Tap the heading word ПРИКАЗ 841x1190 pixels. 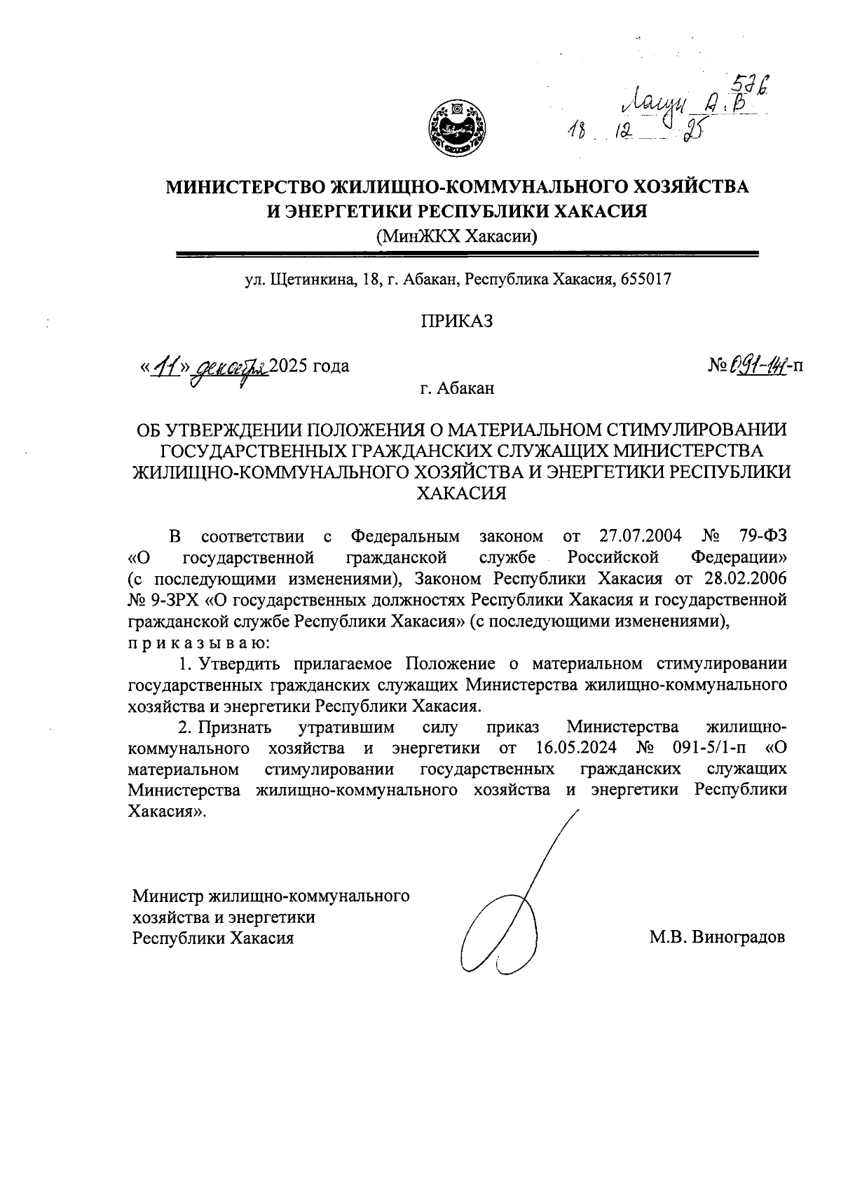pos(456,322)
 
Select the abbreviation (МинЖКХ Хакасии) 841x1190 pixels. pos(456,235)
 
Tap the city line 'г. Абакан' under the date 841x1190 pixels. pos(457,388)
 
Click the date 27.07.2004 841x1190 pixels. pos(641,537)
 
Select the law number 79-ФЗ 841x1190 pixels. pos(762,537)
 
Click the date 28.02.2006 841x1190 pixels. pos(746,579)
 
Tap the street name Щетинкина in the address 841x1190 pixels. pos(311,280)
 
